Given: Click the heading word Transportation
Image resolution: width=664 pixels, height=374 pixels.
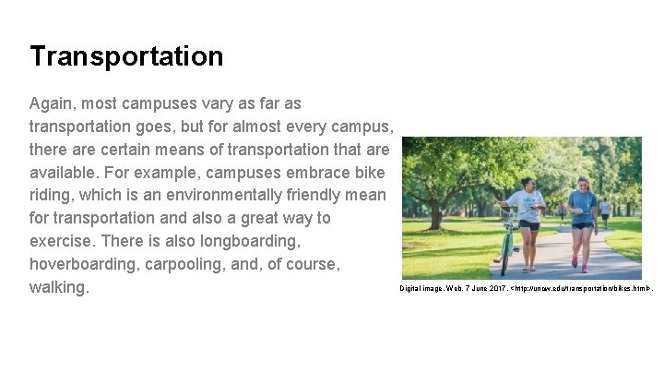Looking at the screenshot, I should coord(126,57).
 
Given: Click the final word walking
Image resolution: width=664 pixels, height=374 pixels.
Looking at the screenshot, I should coord(59,287).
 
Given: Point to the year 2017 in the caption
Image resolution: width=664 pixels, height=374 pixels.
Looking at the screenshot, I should coord(492,289).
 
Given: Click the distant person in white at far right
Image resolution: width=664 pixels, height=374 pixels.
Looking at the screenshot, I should coord(605,211).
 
